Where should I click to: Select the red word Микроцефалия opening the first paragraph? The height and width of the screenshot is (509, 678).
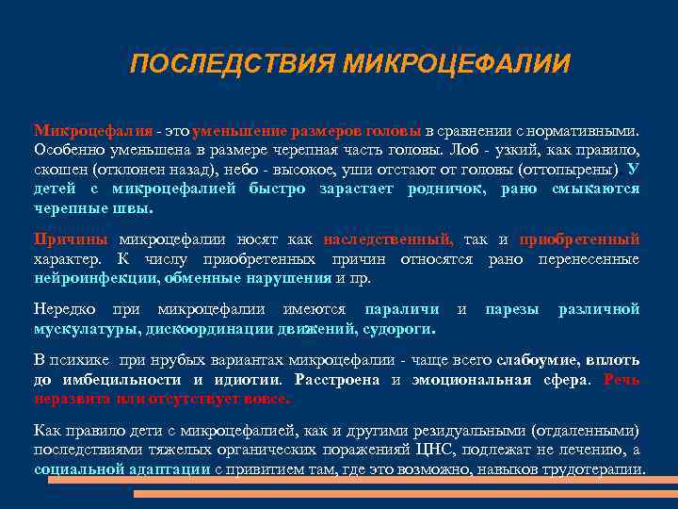point(92,130)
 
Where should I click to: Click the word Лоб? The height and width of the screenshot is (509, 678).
point(464,150)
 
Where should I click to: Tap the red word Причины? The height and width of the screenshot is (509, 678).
point(69,239)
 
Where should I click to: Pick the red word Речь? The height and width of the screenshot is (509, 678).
point(621,380)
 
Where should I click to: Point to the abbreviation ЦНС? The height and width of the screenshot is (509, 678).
point(434,450)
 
